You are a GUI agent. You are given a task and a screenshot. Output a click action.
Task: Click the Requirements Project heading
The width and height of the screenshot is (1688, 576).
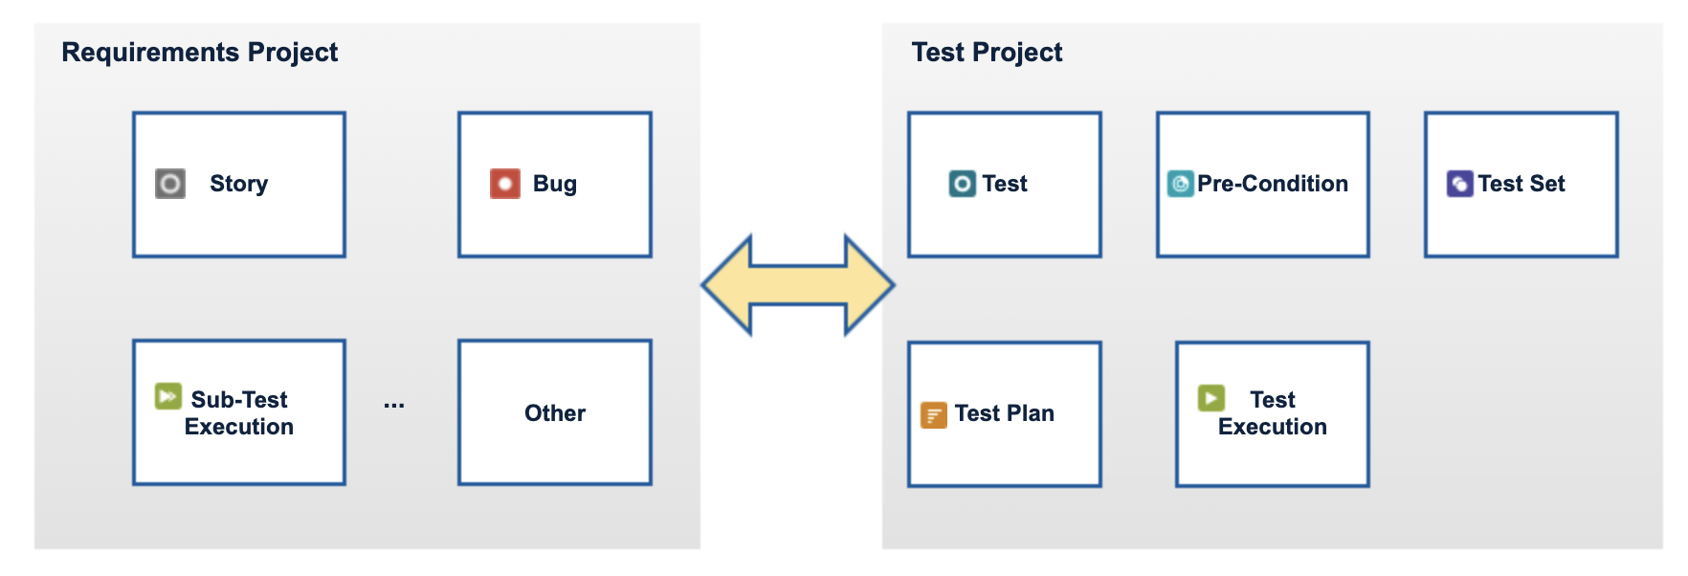pyautogui.click(x=199, y=53)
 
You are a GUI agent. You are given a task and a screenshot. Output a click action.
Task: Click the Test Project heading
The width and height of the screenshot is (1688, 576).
pyautogui.click(x=987, y=53)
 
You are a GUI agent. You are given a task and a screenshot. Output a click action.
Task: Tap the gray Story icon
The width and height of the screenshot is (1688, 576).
pyautogui.click(x=170, y=183)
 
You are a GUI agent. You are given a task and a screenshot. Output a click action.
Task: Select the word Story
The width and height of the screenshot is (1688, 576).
pyautogui.click(x=239, y=184)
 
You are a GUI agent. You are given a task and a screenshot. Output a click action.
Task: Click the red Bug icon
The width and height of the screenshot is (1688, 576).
pyautogui.click(x=505, y=183)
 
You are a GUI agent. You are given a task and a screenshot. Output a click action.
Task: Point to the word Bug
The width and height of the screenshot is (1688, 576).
pyautogui.click(x=555, y=184)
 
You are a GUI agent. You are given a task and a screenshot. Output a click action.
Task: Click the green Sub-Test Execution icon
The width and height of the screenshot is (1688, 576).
pyautogui.click(x=168, y=396)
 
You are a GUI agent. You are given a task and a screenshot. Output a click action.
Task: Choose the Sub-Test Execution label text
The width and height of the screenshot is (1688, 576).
pyautogui.click(x=239, y=413)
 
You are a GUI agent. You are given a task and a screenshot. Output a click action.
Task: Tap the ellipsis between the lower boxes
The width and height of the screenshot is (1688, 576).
pyautogui.click(x=394, y=407)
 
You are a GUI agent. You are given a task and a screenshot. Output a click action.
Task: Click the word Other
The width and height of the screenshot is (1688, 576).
pyautogui.click(x=555, y=413)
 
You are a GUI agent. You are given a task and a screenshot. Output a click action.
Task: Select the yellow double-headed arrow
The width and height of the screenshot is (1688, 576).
pyautogui.click(x=798, y=285)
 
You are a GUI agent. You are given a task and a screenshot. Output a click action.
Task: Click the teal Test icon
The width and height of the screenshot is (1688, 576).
pyautogui.click(x=963, y=183)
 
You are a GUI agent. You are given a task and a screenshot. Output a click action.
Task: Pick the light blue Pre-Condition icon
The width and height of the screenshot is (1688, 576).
pyautogui.click(x=1181, y=183)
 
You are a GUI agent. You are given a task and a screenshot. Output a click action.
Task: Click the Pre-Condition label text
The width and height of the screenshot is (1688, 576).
pyautogui.click(x=1273, y=184)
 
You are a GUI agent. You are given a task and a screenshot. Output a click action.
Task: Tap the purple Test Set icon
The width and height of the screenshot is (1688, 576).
pyautogui.click(x=1460, y=183)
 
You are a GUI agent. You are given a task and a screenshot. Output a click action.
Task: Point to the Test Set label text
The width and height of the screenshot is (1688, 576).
pyautogui.click(x=1521, y=184)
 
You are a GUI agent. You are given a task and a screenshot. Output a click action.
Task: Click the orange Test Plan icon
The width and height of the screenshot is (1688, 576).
pyautogui.click(x=934, y=414)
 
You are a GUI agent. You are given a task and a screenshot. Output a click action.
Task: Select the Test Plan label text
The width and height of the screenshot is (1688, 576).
pyautogui.click(x=1005, y=413)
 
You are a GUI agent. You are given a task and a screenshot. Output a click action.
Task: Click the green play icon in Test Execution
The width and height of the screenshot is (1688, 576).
pyautogui.click(x=1211, y=397)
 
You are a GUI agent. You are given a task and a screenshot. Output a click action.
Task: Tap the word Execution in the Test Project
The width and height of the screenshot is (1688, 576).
pyautogui.click(x=1273, y=427)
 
